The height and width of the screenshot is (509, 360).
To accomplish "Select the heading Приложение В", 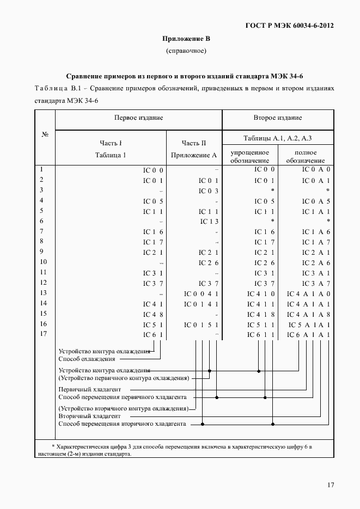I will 186,39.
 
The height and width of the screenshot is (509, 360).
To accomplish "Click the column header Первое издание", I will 139,118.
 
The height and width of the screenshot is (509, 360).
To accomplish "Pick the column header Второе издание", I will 278,118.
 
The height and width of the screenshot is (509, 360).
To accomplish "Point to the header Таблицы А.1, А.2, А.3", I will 278,137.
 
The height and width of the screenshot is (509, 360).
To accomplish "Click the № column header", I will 45,135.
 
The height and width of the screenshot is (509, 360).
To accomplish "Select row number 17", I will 44,334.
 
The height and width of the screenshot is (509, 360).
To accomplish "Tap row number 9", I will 42,252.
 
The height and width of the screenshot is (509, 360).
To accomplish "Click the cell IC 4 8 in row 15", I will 154,314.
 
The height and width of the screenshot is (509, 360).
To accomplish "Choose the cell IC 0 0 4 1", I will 201,293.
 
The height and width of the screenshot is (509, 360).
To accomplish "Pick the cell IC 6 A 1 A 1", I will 309,334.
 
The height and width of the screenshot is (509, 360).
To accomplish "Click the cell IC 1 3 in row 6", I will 209,221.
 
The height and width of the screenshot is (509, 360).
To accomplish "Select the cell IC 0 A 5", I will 316,201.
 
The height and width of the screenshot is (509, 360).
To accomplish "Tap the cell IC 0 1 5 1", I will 201,324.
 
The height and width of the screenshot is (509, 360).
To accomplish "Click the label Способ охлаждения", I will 87,359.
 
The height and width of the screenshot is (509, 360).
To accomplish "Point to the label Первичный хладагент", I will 90,390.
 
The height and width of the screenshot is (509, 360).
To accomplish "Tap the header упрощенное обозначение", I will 250,157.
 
